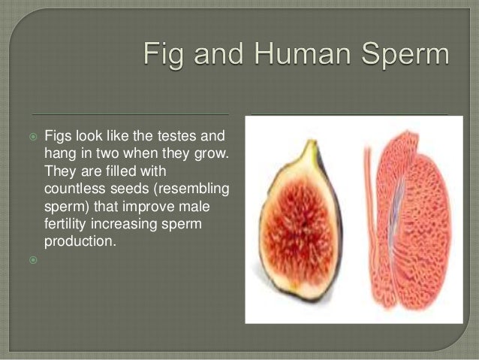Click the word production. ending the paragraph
(x=80, y=241)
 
